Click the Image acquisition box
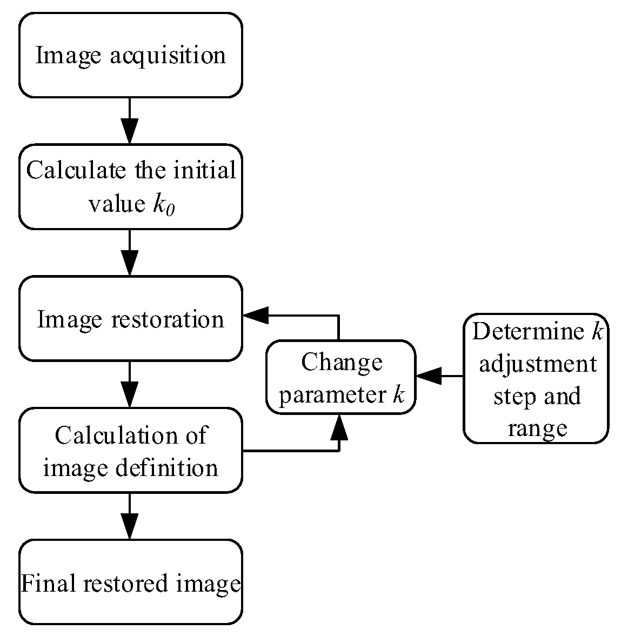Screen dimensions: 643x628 (x=130, y=55)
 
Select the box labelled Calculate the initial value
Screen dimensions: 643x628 (x=130, y=186)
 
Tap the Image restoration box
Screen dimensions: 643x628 (x=130, y=318)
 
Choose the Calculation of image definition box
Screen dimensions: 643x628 (x=130, y=450)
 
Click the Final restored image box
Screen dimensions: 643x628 (x=130, y=582)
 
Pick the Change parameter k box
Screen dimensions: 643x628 (x=341, y=377)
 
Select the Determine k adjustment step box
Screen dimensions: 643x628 (x=536, y=378)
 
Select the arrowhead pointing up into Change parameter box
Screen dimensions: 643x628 (x=339, y=426)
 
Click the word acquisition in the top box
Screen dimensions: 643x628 (x=168, y=55)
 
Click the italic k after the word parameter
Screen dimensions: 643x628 (x=398, y=395)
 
